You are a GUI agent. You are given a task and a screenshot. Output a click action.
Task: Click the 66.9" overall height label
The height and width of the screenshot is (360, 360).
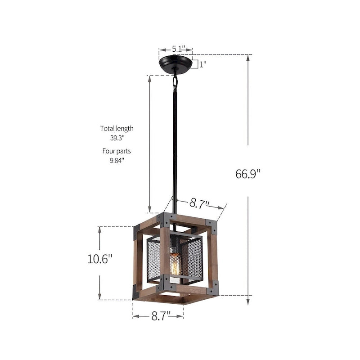coord(248,173)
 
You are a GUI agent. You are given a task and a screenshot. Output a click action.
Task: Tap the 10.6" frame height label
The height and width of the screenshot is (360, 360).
coord(99,259)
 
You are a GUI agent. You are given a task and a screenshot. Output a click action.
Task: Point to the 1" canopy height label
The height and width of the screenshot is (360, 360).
coord(202,64)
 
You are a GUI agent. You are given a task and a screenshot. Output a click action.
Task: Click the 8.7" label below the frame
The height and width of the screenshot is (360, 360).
coord(158,316)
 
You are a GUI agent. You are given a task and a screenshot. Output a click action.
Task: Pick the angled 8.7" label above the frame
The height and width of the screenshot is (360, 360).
coord(199,203)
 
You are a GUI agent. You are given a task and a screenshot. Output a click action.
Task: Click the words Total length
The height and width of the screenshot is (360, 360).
coord(117,128)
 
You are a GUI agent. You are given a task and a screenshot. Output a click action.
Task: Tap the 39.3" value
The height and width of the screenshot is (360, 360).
coord(117,138)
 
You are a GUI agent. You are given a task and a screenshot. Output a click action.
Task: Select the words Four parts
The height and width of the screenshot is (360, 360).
coord(117,151)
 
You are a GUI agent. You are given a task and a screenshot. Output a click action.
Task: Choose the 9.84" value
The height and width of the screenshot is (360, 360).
coord(117,160)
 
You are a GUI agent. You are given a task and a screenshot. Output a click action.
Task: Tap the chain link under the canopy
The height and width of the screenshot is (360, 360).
coord(175,82)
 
